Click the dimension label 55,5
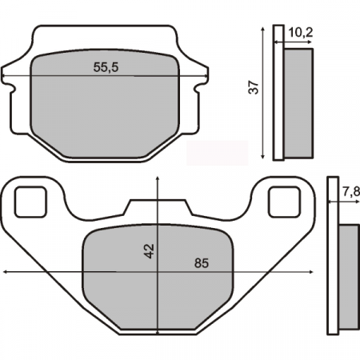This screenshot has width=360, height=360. coord(106,69)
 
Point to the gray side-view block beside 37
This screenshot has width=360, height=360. coord(298,102)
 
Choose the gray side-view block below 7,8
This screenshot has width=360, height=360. coord(349,277)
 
